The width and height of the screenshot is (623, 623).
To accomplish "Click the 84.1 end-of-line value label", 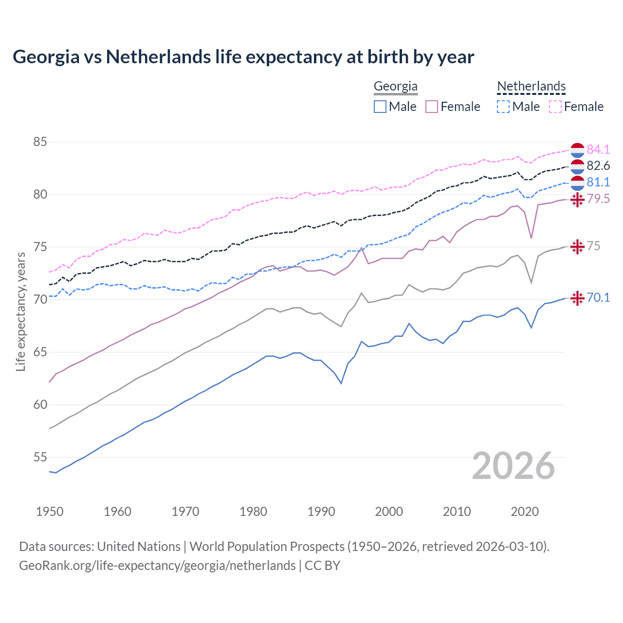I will (598, 149).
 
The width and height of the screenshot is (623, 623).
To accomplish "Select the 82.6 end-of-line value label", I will (598, 166).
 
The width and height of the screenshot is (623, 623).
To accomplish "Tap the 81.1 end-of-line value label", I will (598, 182).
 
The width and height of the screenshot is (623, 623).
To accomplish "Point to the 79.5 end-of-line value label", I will (598, 199).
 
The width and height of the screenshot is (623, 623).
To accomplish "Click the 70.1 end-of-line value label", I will (598, 297).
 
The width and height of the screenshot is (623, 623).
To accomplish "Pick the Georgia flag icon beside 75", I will (577, 247).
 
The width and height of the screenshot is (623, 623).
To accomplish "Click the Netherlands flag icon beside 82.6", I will (577, 166).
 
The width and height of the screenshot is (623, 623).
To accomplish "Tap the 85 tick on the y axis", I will (40, 142).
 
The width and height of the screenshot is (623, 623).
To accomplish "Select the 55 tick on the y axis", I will (40, 458).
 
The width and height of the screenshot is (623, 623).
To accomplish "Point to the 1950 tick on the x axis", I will (50, 512).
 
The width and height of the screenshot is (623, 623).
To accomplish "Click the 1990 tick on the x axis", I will (321, 512).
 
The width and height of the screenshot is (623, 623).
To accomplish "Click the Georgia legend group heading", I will (395, 87).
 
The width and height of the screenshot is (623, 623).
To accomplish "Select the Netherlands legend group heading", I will (531, 87).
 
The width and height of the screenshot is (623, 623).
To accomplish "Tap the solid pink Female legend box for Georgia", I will (432, 107).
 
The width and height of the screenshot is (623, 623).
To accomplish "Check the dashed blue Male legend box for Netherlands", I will (503, 107).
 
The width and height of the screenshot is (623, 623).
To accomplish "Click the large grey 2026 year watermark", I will (513, 466).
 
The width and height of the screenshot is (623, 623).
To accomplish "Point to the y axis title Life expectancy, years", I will (20, 311).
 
